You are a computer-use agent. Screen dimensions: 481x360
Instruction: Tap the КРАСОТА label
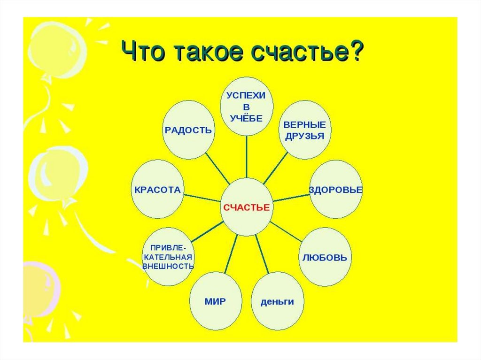point(157,190)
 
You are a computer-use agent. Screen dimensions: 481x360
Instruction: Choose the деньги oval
point(278,301)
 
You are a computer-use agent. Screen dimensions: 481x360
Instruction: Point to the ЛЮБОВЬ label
point(325,258)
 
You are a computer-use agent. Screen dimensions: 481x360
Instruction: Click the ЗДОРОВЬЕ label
point(336,190)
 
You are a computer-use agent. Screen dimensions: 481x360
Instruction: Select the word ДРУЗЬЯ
point(304,136)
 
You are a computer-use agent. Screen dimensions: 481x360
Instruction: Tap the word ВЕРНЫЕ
point(304,125)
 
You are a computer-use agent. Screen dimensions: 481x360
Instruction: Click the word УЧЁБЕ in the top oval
point(246,118)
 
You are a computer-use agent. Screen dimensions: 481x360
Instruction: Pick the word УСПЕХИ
point(246,95)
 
